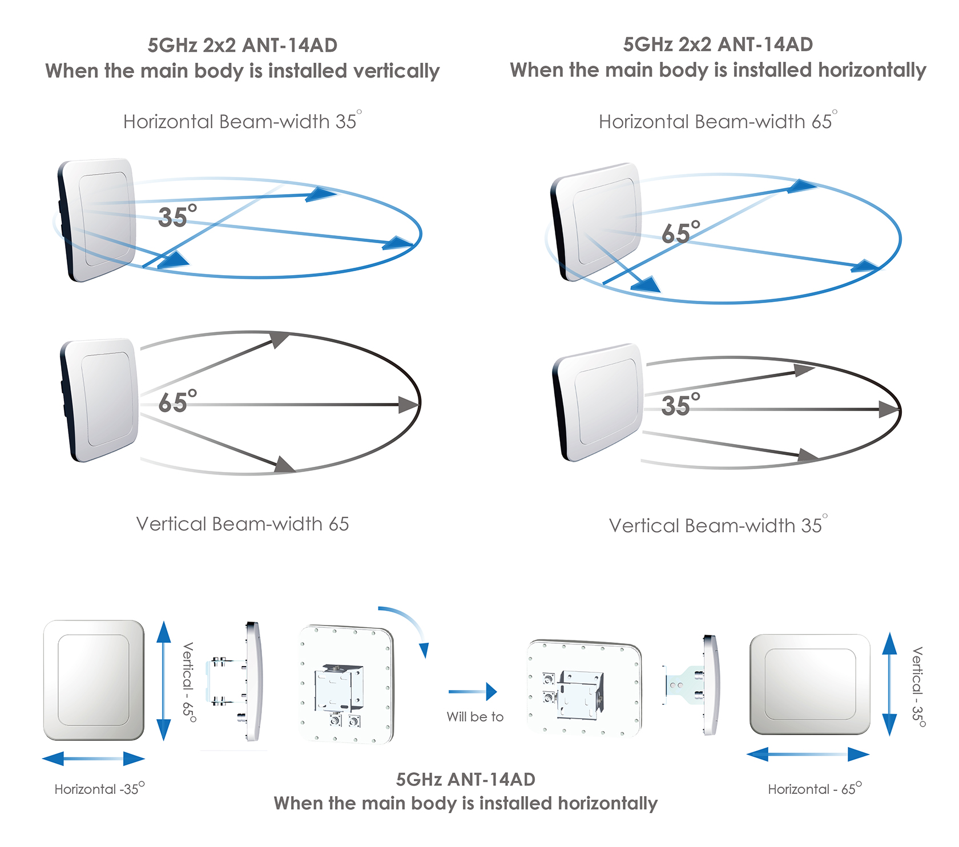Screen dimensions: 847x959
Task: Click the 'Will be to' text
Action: tap(475, 717)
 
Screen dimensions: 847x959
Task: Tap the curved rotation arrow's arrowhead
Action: tap(424, 650)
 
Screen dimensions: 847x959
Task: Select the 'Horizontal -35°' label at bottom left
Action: tap(99, 789)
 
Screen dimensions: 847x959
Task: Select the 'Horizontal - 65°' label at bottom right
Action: tap(815, 789)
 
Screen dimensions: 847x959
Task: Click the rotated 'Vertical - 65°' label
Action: tap(189, 682)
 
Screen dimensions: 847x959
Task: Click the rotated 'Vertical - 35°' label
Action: tap(918, 687)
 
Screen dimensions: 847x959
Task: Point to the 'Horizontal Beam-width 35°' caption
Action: tap(242, 122)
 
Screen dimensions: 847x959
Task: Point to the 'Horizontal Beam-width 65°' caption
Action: tap(718, 122)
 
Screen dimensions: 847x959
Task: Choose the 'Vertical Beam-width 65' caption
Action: tap(242, 524)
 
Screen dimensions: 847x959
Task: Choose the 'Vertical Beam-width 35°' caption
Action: tap(718, 525)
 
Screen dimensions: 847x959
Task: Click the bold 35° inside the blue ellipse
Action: tap(178, 216)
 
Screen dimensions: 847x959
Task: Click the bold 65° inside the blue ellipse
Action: tap(681, 232)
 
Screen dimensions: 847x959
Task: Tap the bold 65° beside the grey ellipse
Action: tap(178, 402)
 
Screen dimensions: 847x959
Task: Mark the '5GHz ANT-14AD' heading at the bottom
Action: tap(466, 779)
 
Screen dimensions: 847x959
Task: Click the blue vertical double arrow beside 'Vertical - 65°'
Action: tap(164, 681)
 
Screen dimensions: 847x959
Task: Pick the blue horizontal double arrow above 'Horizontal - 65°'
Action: tap(808, 755)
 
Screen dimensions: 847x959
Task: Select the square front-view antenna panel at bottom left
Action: tap(94, 680)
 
